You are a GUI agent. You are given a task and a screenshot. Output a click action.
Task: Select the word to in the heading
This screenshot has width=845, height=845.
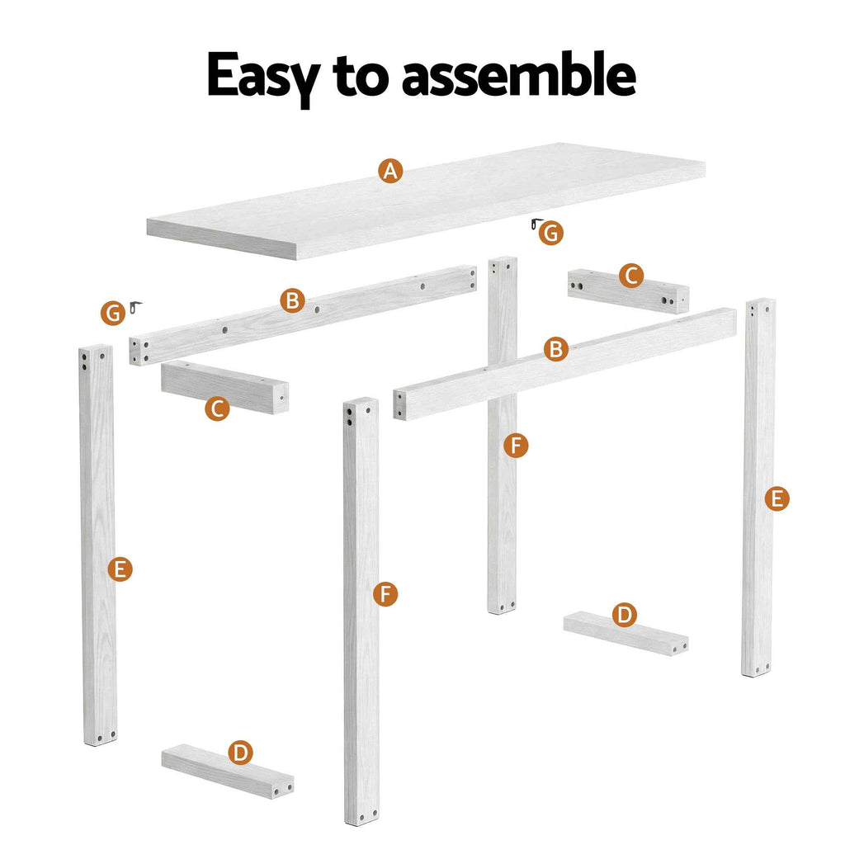coord(361,77)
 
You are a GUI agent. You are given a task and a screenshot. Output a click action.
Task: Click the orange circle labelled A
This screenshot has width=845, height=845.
coord(390,171)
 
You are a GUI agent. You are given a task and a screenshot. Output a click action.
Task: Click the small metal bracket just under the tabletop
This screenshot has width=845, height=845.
coord(536,224)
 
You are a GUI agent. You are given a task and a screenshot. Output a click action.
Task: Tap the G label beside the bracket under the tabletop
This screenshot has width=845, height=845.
coord(551,234)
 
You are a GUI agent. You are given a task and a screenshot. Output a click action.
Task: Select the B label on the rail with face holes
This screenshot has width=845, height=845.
coord(291,300)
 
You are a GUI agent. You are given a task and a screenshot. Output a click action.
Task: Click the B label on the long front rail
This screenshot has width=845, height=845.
coord(557,349)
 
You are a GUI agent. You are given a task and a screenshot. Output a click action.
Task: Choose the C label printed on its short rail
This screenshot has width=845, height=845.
coord(631,276)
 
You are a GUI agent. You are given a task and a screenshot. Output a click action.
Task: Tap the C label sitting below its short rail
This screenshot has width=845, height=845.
coord(217,408)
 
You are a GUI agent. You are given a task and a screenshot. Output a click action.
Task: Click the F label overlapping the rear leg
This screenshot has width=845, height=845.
coord(516,446)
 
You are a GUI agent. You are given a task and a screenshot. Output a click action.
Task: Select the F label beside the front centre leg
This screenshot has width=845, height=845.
coord(385,593)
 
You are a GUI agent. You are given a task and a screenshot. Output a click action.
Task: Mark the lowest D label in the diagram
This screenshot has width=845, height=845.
coord(240,752)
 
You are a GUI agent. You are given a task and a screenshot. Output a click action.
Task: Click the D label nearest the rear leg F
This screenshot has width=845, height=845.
coord(625,615)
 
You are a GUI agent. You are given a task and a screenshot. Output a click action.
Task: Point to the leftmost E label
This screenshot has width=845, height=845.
coord(120,569)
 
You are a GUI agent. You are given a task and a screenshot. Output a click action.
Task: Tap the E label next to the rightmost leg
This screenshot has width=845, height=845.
coord(776,498)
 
